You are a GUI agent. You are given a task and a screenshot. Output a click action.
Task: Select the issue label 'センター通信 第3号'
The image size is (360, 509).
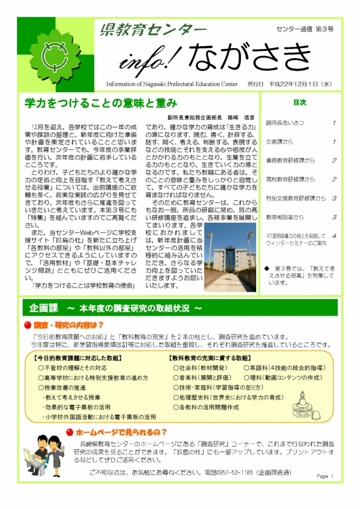click(x=305, y=29)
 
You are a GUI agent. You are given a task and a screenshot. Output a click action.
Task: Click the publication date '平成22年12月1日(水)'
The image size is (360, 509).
click(x=298, y=84)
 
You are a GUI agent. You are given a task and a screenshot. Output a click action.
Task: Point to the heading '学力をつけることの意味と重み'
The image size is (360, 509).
click(x=101, y=103)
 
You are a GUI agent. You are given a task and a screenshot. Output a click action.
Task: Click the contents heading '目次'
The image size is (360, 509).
click(x=299, y=102)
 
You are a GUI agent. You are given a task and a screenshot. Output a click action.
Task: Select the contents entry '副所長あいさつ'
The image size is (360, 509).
click(x=285, y=123)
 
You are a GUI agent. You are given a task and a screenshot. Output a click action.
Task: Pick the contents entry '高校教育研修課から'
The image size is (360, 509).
click(x=290, y=180)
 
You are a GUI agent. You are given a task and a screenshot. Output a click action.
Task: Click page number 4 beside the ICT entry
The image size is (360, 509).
click(x=334, y=236)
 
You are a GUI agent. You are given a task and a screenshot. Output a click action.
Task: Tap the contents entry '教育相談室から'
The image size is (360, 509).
click(x=285, y=217)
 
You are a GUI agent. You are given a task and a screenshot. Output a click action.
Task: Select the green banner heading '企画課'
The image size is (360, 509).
click(x=44, y=307)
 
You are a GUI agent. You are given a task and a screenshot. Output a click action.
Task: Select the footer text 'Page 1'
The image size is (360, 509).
click(x=325, y=476)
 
